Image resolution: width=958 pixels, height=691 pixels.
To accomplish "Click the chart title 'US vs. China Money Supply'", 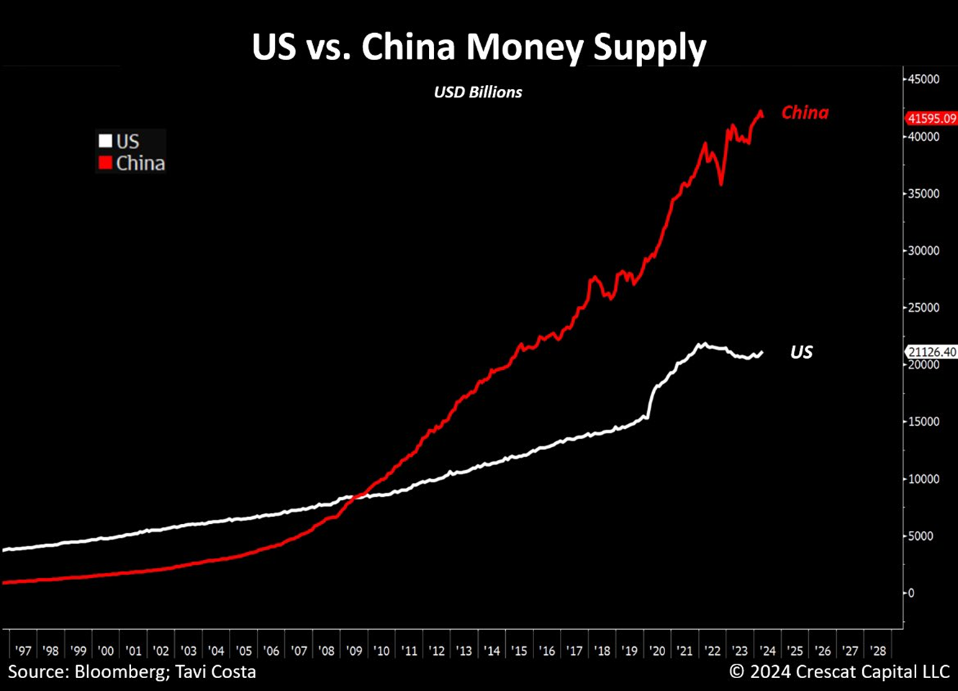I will click(x=479, y=48).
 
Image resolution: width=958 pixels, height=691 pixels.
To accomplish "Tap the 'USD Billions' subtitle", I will click(x=478, y=92).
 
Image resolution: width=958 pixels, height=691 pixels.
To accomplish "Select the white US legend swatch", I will click(x=106, y=141).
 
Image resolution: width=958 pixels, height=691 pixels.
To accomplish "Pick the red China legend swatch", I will click(x=106, y=163).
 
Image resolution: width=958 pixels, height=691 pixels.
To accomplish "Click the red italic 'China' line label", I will click(x=805, y=113).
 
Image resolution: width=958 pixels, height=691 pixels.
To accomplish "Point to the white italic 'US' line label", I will click(x=801, y=352).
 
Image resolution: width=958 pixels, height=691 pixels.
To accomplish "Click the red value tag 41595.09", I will click(x=931, y=119).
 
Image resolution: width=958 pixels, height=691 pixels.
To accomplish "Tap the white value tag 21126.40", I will click(x=931, y=352).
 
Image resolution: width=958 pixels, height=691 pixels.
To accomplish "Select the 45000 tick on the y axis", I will click(x=923, y=79).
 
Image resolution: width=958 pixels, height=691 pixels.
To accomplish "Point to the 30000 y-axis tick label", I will click(x=923, y=250).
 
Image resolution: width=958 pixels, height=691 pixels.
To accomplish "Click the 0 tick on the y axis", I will click(x=911, y=593).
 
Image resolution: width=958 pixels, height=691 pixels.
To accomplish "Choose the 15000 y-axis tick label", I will click(x=923, y=422).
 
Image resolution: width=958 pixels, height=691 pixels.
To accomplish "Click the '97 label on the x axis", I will click(x=23, y=651).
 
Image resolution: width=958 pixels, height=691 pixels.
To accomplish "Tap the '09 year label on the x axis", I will click(x=354, y=651).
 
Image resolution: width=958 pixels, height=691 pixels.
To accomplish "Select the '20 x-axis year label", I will click(x=657, y=651).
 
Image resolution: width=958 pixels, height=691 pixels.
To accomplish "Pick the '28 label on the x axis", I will click(x=877, y=651).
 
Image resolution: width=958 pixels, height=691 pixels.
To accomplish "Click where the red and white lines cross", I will click(x=358, y=494).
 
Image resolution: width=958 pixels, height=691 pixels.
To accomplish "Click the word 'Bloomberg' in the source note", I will click(x=112, y=672).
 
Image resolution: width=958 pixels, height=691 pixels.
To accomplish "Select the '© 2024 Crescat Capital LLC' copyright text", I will click(x=839, y=672).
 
